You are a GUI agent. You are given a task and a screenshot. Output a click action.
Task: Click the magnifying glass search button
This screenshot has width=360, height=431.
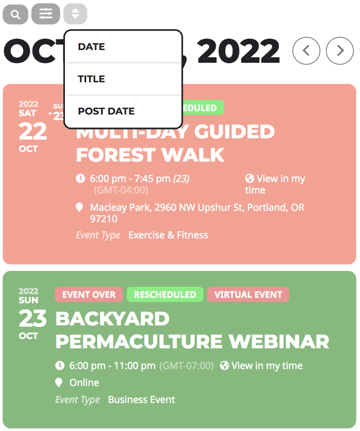point(15,14)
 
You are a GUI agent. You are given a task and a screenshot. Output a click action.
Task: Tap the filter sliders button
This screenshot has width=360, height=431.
point(46,14)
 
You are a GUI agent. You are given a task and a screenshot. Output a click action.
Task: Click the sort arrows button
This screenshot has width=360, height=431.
point(75,14)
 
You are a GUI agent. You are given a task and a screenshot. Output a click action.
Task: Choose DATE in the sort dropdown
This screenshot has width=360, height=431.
point(91,47)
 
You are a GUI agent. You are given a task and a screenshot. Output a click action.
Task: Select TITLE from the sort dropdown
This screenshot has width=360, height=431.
point(91,79)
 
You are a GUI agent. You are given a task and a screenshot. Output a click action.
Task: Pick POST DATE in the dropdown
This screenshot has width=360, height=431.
point(106,112)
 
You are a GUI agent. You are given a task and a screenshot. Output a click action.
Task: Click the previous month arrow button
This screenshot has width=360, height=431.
point(306,51)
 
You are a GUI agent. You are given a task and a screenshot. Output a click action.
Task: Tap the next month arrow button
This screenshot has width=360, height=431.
point(340,51)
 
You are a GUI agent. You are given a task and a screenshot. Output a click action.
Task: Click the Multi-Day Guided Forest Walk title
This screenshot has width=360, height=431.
point(175,143)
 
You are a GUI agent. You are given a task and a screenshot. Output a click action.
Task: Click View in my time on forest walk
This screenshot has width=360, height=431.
point(275,184)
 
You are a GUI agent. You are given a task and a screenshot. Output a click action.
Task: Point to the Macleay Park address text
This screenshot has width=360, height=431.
point(197,213)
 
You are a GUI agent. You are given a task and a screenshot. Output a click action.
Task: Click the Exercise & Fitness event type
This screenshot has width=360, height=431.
point(168,235)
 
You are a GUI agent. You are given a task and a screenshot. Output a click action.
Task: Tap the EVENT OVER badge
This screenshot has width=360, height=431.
point(89,295)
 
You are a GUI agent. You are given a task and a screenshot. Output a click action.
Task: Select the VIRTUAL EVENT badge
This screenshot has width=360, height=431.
point(248,295)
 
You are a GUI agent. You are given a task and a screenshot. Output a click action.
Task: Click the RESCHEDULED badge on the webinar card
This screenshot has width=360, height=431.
point(165,295)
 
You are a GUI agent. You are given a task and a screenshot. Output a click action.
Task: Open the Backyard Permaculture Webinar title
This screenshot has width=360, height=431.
point(192,330)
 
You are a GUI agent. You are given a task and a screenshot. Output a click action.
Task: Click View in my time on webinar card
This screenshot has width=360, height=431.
point(261,366)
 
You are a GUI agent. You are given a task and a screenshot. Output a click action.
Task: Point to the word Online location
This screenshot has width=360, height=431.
point(84,383)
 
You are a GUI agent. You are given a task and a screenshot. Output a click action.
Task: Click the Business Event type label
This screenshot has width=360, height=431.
point(141,400)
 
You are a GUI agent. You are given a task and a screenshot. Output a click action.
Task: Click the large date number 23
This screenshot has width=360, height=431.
point(32,318)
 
